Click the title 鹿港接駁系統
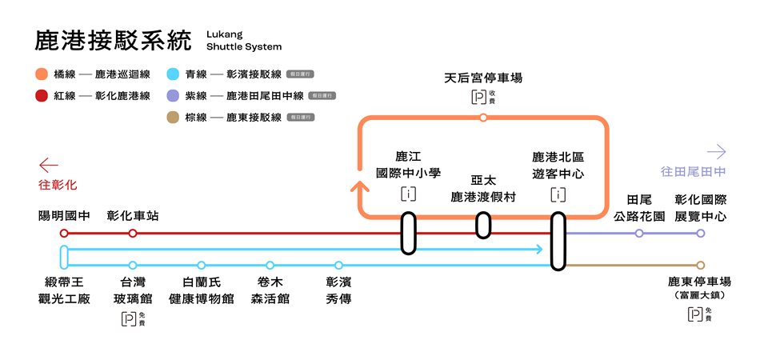(x=114, y=41)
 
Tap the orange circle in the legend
(x=41, y=74)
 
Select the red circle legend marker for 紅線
(x=41, y=96)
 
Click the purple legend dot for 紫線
(x=172, y=96)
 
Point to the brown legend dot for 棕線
(x=172, y=118)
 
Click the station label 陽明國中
(x=64, y=216)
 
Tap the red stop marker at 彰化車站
(x=133, y=234)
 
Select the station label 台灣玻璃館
(x=133, y=290)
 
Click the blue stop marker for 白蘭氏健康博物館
(x=202, y=265)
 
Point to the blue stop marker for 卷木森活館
(x=270, y=265)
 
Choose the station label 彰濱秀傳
(x=339, y=290)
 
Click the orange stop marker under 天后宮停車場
(x=483, y=118)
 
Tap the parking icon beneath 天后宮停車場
(x=478, y=98)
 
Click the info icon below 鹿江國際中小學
(x=408, y=194)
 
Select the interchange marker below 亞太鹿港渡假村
(x=483, y=225)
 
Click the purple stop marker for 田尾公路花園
(x=638, y=234)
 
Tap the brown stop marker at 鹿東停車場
(x=701, y=265)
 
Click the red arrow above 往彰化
(x=49, y=166)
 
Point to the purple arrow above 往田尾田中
(x=717, y=151)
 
